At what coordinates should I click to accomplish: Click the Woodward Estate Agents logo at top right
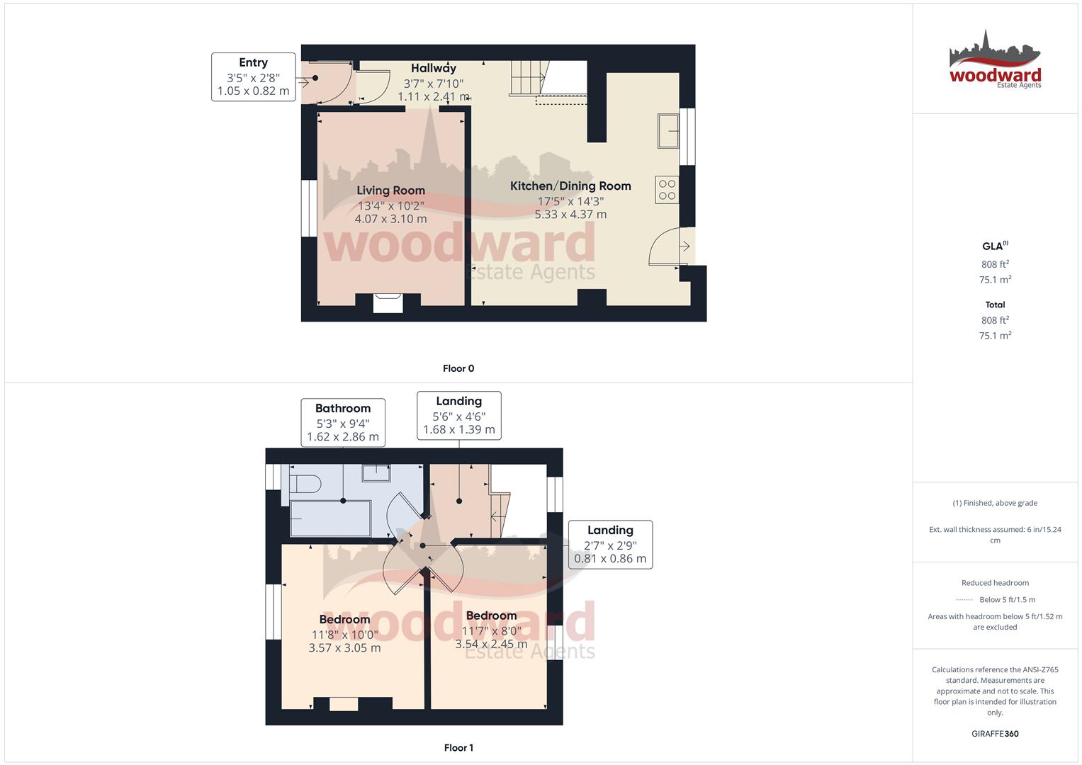[995, 59]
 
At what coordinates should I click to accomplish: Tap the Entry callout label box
[253, 76]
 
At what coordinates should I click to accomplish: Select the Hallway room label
[434, 69]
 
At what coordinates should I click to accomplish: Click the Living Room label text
[390, 191]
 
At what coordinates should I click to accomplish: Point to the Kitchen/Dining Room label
[570, 186]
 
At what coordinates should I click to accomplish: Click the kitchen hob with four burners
[667, 190]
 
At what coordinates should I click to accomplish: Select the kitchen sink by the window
[667, 130]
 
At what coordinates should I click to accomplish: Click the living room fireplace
[389, 302]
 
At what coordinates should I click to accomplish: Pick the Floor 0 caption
[458, 368]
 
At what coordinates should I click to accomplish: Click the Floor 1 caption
[458, 747]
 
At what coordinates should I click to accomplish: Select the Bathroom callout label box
[343, 422]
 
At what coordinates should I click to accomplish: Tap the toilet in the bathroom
[305, 484]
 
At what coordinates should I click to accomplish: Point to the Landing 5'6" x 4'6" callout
[458, 415]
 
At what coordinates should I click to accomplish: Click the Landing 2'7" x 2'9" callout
[610, 544]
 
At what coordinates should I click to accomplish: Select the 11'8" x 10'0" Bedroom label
[344, 620]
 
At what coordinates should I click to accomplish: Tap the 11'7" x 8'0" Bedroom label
[491, 616]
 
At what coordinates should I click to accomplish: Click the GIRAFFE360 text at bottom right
[995, 734]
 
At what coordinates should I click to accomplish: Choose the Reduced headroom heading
[995, 583]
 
